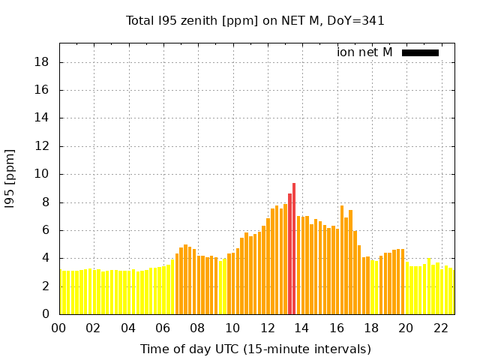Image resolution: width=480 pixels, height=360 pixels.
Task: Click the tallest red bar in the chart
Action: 294,247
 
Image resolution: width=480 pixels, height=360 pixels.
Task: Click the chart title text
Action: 255,20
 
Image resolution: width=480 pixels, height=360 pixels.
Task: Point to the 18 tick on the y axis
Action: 43,62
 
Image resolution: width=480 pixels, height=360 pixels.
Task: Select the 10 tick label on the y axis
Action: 43,174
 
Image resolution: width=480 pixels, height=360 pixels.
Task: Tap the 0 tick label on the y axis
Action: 46,314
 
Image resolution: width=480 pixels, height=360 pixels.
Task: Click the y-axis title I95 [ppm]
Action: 10,179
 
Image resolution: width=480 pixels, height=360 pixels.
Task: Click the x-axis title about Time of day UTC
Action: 255,349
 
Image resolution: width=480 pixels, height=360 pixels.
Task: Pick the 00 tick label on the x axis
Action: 59,328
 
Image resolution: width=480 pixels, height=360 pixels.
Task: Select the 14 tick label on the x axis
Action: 302,328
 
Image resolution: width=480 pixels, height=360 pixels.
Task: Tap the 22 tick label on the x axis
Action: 441,328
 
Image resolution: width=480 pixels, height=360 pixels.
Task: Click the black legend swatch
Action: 420,52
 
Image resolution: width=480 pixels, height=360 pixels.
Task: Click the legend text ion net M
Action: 364,52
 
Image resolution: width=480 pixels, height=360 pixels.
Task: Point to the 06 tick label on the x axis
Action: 163,328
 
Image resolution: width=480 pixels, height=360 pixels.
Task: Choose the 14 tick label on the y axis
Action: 43,118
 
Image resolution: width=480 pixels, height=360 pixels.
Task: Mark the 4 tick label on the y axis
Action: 46,258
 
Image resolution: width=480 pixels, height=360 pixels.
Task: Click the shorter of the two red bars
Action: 289,253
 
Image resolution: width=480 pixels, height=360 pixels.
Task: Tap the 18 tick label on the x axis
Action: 371,328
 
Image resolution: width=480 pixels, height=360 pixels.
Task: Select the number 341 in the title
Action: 372,20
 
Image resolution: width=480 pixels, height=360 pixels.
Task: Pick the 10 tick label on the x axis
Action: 232,328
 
